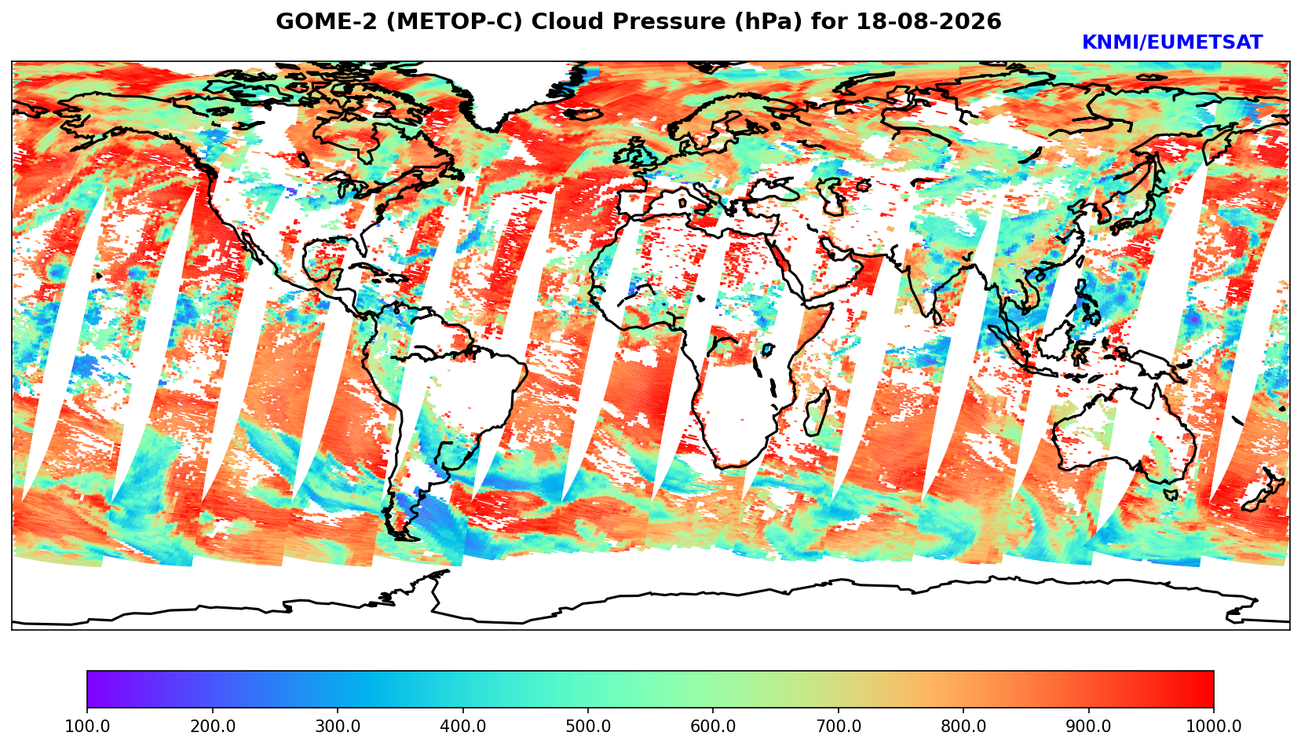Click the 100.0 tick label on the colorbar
pyautogui.click(x=87, y=726)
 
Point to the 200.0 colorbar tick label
pyautogui.click(x=213, y=726)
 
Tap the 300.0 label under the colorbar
pyautogui.click(x=338, y=726)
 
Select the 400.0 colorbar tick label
pyautogui.click(x=463, y=726)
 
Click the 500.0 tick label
pyautogui.click(x=588, y=726)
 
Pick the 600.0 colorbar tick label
pyautogui.click(x=713, y=726)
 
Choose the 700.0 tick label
pyautogui.click(x=838, y=726)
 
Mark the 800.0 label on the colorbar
pyautogui.click(x=963, y=726)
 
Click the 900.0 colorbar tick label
pyautogui.click(x=1088, y=726)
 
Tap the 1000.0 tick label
pyautogui.click(x=1214, y=726)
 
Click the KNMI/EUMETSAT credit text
pyautogui.click(x=1172, y=42)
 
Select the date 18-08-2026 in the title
pyautogui.click(x=929, y=21)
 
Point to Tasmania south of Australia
pyautogui.click(x=1170, y=495)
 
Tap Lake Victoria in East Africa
pyautogui.click(x=768, y=350)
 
